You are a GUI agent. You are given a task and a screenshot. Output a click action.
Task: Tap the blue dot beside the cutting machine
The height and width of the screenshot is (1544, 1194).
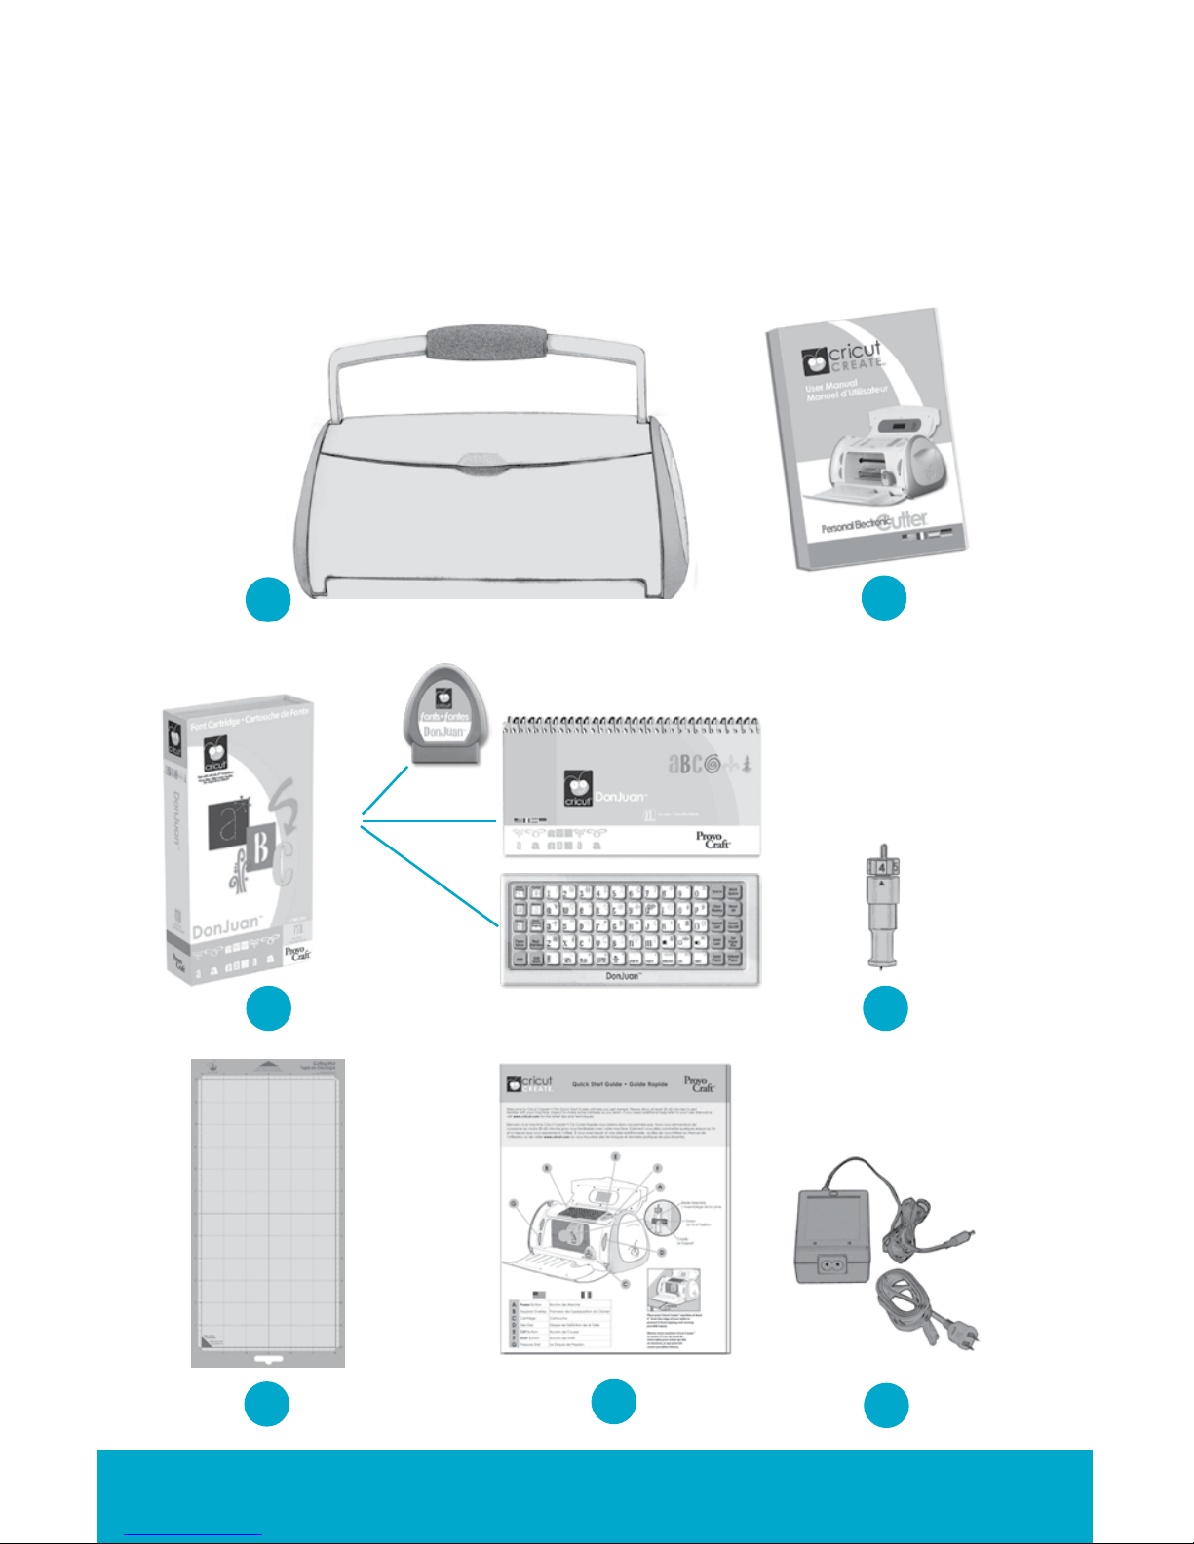(x=268, y=599)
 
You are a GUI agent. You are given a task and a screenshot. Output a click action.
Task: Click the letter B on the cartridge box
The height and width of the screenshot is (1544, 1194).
(x=260, y=849)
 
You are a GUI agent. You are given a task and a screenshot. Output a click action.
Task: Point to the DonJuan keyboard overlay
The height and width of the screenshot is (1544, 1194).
(x=630, y=929)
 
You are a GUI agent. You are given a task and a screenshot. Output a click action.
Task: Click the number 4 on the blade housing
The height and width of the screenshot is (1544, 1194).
(x=881, y=865)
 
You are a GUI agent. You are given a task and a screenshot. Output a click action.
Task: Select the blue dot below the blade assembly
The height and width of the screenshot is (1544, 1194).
(x=885, y=1008)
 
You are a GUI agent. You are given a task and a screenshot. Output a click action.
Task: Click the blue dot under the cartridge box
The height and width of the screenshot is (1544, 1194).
(x=268, y=1008)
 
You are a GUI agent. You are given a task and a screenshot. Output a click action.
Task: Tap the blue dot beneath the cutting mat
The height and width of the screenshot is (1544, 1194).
(x=267, y=1405)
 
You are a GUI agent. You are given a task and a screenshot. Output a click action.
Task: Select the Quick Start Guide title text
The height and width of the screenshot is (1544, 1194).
(x=620, y=1084)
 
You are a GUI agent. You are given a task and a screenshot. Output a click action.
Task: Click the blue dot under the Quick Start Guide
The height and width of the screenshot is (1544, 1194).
(x=614, y=1402)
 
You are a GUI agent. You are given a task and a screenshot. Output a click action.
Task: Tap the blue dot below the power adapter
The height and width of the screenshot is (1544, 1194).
(x=886, y=1406)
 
